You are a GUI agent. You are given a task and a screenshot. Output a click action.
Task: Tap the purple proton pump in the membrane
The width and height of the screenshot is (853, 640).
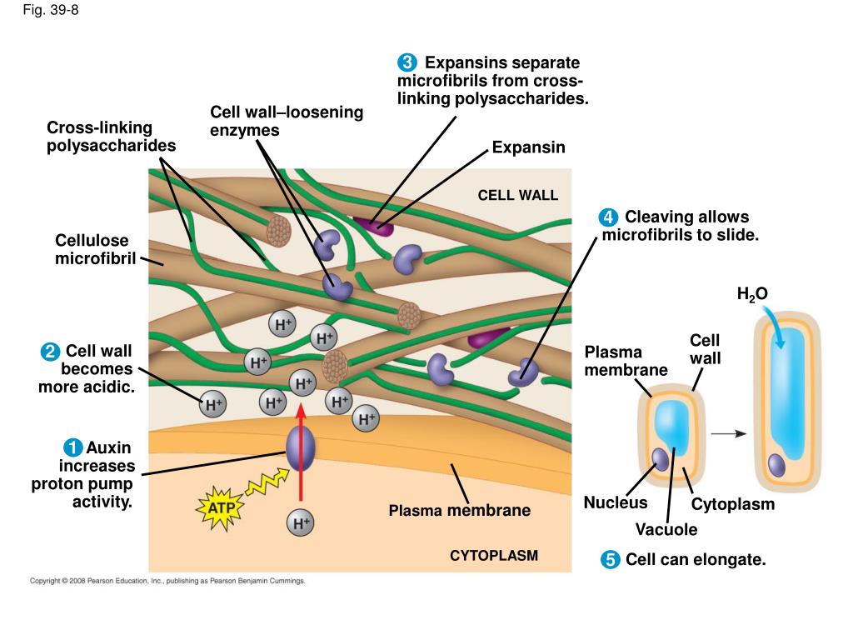coord(300,447)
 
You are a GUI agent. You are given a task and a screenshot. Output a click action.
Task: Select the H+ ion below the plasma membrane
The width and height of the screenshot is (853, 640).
coord(300,523)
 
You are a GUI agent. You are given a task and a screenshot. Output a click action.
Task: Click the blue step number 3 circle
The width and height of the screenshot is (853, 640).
coord(407,62)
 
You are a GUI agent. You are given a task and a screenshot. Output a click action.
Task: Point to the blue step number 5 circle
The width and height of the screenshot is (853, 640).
coord(610,559)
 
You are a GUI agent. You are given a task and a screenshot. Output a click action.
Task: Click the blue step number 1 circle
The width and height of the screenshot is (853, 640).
coord(73,447)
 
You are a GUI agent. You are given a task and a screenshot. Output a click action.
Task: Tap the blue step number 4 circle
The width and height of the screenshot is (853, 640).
coord(608,217)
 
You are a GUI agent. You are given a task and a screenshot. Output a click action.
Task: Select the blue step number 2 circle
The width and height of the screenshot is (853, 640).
coord(50,352)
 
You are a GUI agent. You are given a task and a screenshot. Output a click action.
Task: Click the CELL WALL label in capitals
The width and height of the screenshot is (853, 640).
coord(518,195)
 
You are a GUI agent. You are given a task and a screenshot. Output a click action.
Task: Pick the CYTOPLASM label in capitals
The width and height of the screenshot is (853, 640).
coord(494,556)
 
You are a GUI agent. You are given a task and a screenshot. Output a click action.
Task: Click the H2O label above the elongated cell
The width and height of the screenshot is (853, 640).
coord(752,294)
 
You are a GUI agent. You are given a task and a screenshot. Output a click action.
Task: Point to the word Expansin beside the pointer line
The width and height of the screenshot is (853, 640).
coord(529,147)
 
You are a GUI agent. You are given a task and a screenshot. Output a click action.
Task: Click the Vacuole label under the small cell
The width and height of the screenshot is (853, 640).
coord(666,529)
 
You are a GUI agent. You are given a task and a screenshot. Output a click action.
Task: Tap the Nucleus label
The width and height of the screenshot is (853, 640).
coord(616,502)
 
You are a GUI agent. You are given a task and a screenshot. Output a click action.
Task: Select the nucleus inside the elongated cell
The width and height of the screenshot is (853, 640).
coord(776,466)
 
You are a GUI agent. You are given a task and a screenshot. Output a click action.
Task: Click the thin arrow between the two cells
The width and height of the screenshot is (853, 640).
coord(728,433)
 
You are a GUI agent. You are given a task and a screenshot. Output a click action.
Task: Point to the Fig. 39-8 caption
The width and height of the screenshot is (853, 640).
coord(51,10)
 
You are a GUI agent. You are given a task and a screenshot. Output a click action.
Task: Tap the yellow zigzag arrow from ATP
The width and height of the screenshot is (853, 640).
coord(267,482)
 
